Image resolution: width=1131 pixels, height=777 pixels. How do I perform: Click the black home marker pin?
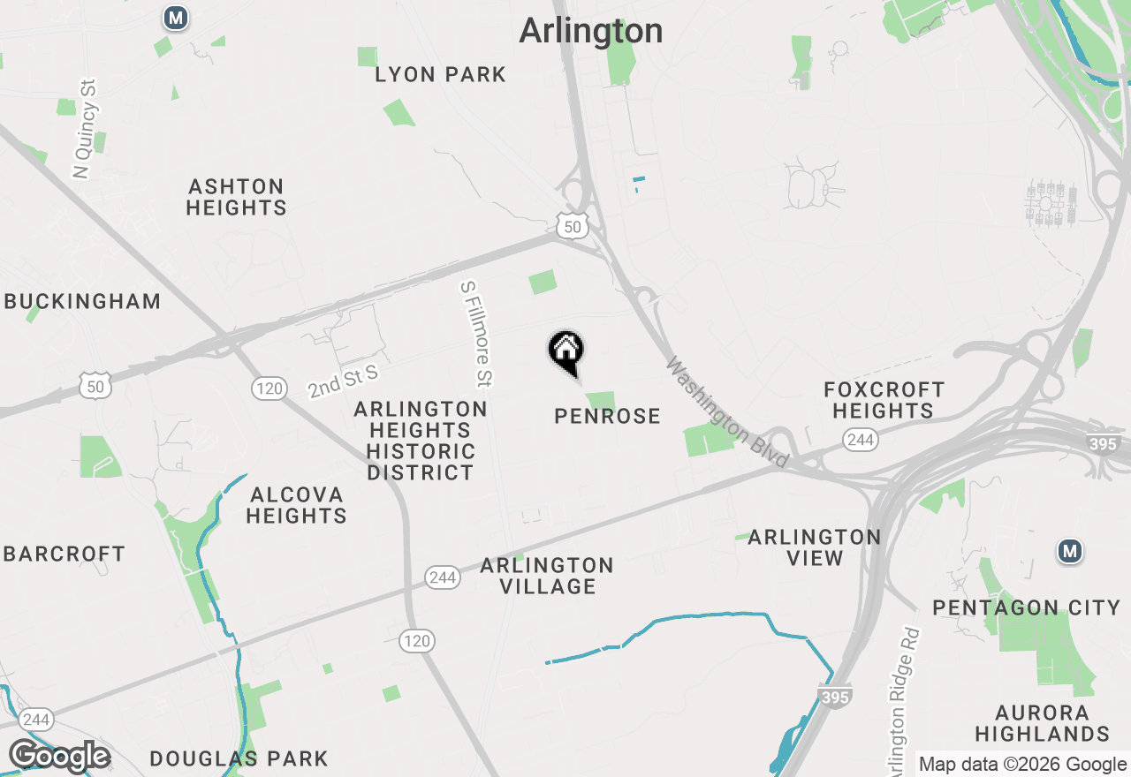566,351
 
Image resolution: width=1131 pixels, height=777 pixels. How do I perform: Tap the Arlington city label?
590,31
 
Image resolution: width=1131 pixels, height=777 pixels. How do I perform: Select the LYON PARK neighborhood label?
440,75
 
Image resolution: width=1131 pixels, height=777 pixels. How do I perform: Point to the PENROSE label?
607,416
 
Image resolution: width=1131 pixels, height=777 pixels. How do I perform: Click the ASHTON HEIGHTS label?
237,197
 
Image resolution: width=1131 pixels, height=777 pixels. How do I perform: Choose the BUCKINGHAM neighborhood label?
83,301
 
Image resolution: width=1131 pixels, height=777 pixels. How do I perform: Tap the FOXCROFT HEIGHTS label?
884,400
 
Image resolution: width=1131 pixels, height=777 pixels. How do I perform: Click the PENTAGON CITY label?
1027,607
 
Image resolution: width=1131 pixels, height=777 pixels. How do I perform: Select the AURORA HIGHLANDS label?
1043,723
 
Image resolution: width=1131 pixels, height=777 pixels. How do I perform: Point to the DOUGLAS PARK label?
239,758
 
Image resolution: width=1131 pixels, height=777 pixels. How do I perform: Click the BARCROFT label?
65,554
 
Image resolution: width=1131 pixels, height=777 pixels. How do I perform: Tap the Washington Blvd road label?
727,412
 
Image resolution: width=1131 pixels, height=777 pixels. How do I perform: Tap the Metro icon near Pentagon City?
1070,552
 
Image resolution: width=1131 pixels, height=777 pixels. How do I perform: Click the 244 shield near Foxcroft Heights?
860,439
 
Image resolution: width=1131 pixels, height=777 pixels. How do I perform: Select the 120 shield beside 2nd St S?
269,388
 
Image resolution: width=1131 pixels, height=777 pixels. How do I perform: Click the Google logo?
59,757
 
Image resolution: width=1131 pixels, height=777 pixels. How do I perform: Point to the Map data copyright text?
1022,765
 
